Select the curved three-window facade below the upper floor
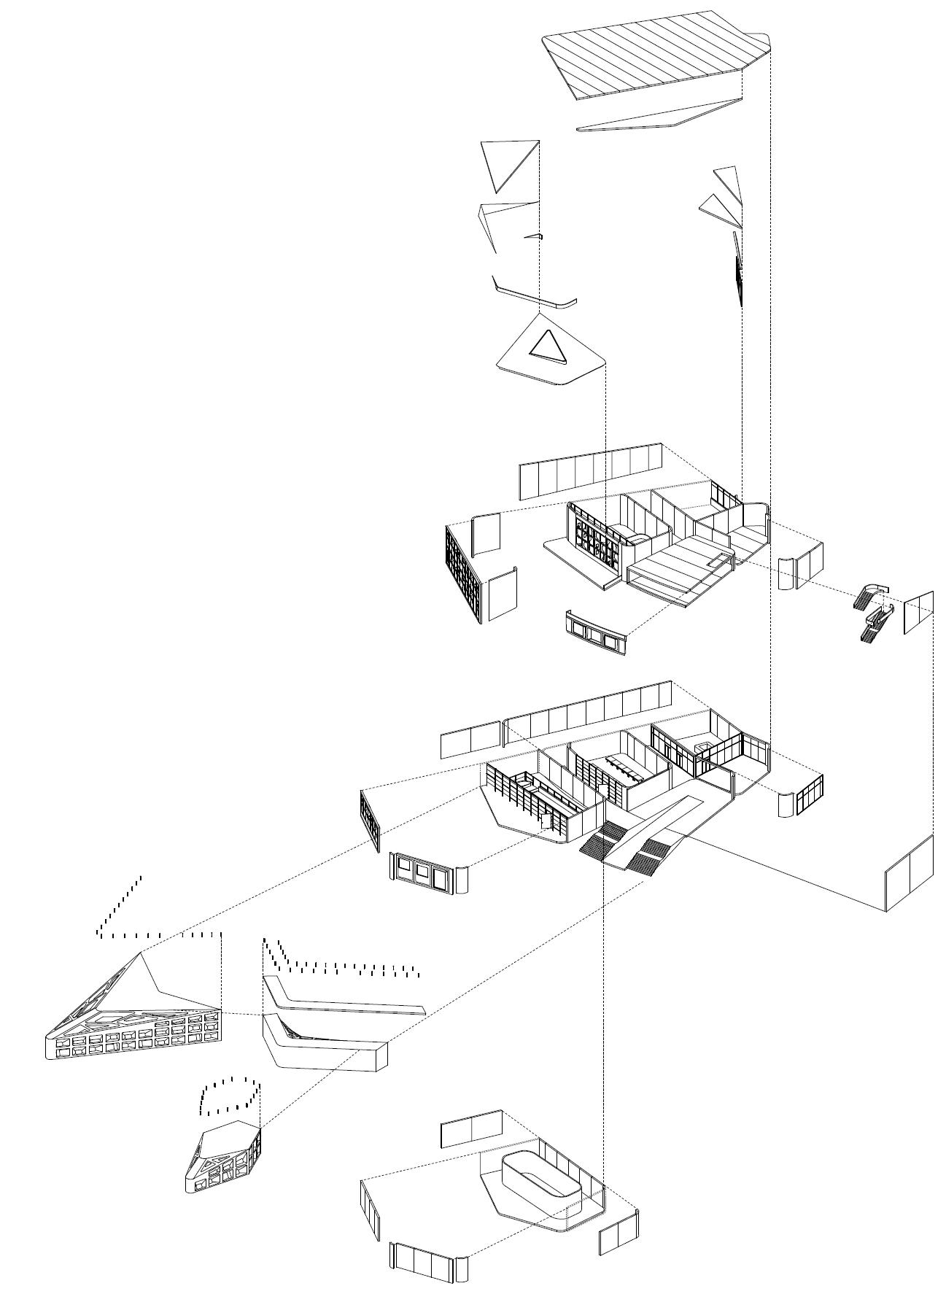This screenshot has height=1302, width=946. (595, 632)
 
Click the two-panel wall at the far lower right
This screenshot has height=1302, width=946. (909, 873)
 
